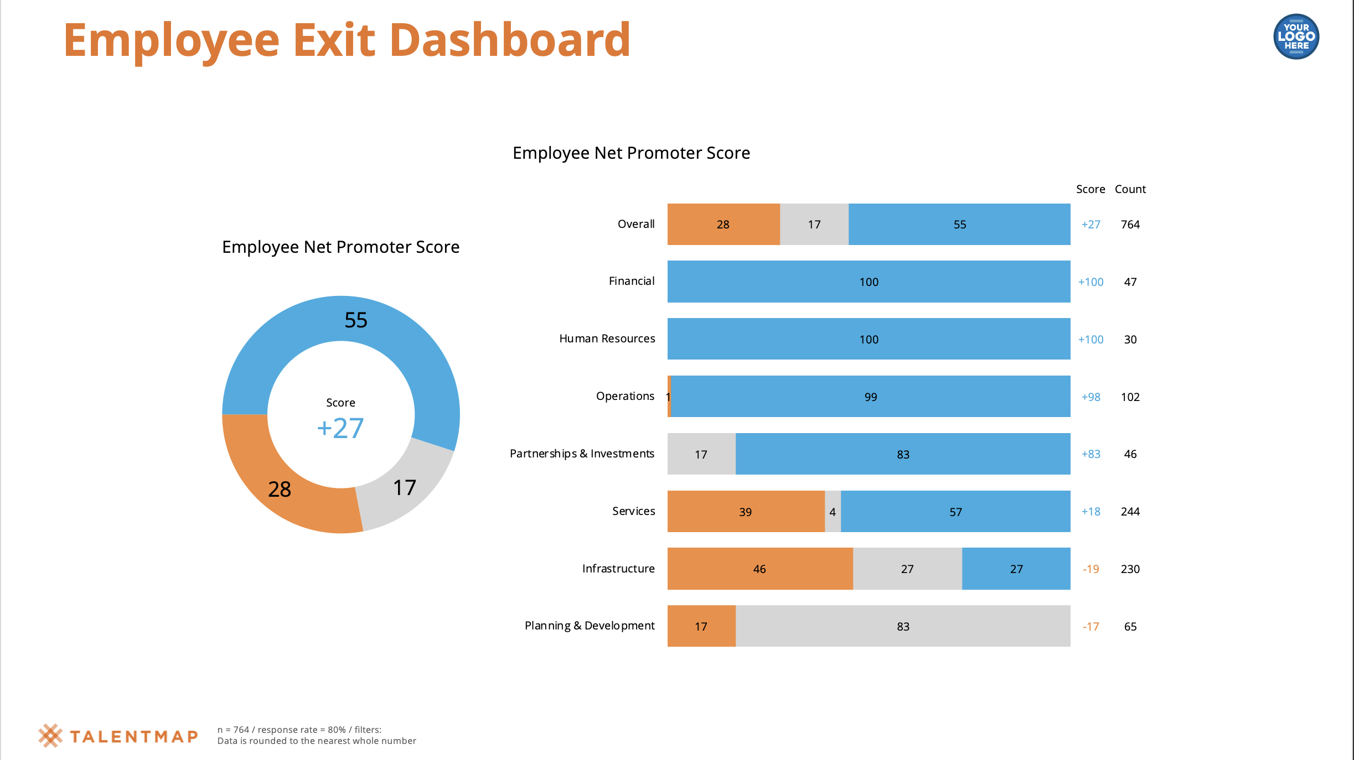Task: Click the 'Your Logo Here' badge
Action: coord(1296,37)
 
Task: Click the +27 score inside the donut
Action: coord(340,428)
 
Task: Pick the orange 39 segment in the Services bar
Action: coord(745,512)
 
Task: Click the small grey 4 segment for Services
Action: coord(833,512)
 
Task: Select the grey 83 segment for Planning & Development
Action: coord(903,626)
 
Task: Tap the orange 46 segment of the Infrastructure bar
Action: coord(759,569)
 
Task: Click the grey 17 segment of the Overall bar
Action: coord(814,225)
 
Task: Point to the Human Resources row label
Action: coord(607,339)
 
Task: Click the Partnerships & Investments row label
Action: coord(582,454)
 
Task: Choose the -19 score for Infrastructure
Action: coord(1091,569)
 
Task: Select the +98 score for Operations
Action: coord(1091,397)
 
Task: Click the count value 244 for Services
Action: coord(1130,512)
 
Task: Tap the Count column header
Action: coord(1130,189)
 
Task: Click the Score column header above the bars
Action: coord(1090,189)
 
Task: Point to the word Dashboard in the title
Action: coord(510,40)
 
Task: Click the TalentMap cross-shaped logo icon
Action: coord(50,736)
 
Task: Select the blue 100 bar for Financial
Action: coord(869,282)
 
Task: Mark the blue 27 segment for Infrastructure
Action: coord(1016,569)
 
